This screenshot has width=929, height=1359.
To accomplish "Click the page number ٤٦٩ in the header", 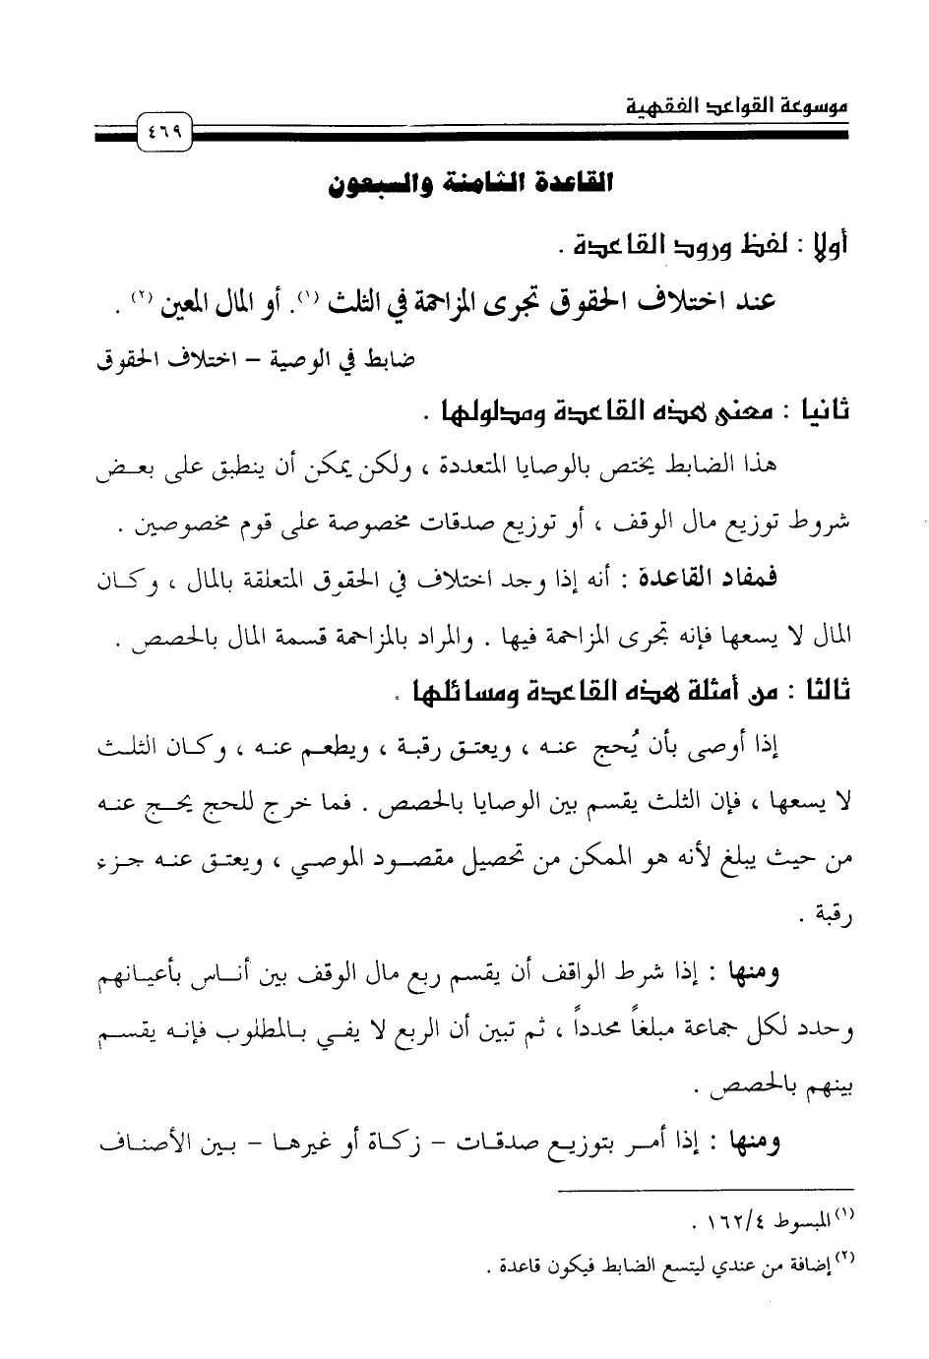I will pyautogui.click(x=158, y=130).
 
